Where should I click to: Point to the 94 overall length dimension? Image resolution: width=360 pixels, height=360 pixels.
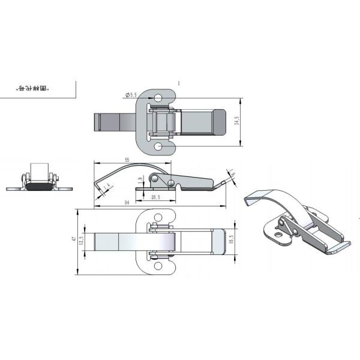pyautogui.click(x=127, y=203)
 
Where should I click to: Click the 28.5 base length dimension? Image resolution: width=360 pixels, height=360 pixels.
pyautogui.click(x=155, y=197)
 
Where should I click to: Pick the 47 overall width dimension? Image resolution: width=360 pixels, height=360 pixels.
pyautogui.click(x=74, y=239)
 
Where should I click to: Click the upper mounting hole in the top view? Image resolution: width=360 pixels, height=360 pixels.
pyautogui.click(x=158, y=97)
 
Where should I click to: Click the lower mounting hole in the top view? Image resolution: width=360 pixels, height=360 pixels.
pyautogui.click(x=158, y=146)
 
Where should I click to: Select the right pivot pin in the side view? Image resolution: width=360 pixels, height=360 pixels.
pyautogui.click(x=172, y=182)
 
